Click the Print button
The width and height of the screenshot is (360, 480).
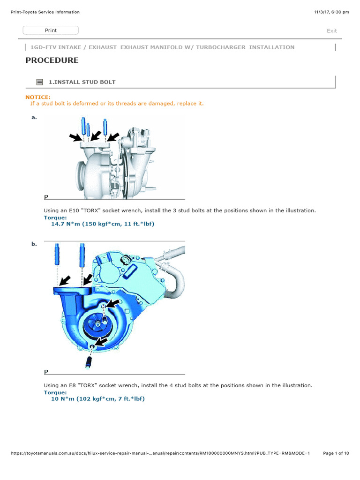coord(51,30)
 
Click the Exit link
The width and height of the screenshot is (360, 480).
coord(331,30)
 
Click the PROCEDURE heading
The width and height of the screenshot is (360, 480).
coord(52,60)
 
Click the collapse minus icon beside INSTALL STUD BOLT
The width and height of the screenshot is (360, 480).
coord(39,82)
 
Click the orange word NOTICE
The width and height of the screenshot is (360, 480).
coord(37,97)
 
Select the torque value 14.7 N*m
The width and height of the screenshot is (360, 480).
coord(66,224)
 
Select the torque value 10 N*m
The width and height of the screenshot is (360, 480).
coord(63,398)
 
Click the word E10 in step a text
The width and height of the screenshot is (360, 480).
coord(74,210)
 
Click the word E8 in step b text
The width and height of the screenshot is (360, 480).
coord(72,385)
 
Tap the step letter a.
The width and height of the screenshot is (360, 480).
coord(34,117)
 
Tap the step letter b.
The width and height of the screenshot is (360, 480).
coord(34,244)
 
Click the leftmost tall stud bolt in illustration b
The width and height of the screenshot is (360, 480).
coord(57,254)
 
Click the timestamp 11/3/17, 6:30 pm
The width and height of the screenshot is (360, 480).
coord(331,12)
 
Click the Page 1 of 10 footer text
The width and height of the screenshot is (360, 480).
coord(336,453)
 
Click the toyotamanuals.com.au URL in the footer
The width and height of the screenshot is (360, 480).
coord(160,453)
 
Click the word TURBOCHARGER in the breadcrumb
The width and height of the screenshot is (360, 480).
coord(221,47)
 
